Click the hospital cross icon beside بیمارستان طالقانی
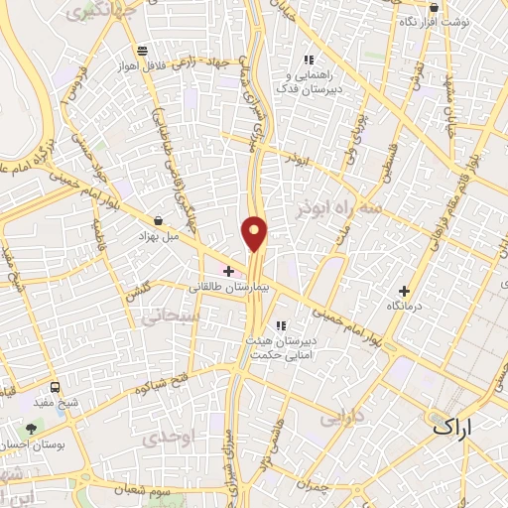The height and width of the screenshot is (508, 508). coord(229,271)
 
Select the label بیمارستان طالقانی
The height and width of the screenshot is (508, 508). coord(230,286)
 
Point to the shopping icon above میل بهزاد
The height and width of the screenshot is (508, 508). coord(160,221)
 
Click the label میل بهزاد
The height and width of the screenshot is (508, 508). coord(159,238)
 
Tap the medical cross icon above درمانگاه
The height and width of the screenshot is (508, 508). coord(404,292)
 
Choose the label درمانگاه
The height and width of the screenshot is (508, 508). coord(404,308)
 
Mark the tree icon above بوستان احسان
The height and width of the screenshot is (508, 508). coord(33,430)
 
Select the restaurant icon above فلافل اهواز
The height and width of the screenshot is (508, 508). coord(143,51)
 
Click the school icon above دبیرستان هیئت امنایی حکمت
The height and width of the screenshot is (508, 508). coord(281,324)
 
